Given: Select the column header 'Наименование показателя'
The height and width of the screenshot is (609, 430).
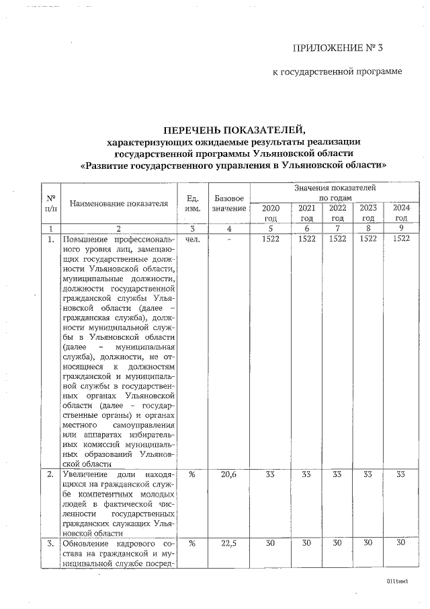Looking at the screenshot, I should (x=118, y=203).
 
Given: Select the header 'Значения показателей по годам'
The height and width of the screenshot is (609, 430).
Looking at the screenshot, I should (x=334, y=192).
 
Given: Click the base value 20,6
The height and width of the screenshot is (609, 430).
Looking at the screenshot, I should (x=229, y=474).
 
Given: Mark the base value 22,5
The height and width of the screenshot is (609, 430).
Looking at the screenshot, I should (x=229, y=544).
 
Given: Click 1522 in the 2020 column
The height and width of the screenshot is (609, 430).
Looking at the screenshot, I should (x=270, y=239).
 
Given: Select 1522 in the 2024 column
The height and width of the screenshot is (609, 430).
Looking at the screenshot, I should (x=401, y=239).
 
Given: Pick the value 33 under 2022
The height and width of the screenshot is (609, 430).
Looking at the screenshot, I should (x=337, y=474).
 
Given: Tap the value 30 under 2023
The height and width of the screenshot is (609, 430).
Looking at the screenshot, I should (x=368, y=544).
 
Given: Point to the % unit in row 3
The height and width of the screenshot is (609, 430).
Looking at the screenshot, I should (x=192, y=544).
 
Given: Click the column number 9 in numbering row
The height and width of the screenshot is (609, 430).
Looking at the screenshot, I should (x=401, y=229).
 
